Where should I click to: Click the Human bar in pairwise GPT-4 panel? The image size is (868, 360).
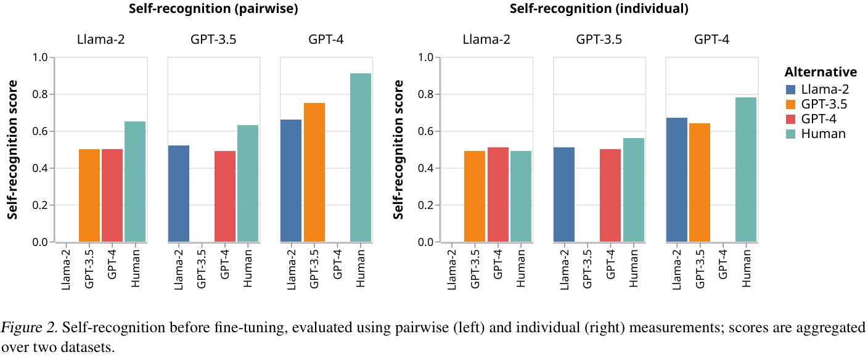click(361, 158)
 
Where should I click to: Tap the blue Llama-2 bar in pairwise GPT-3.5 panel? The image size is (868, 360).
click(179, 194)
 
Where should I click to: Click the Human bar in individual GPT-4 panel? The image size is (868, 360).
click(746, 170)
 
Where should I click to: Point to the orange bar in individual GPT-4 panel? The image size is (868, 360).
click(700, 182)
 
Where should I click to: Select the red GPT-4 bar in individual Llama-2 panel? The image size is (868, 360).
click(497, 195)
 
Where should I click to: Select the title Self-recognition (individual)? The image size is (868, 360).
click(599, 9)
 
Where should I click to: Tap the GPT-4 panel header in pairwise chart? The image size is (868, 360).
click(326, 41)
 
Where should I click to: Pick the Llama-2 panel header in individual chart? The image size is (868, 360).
click(487, 41)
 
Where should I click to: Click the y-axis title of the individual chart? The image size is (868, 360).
click(399, 150)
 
